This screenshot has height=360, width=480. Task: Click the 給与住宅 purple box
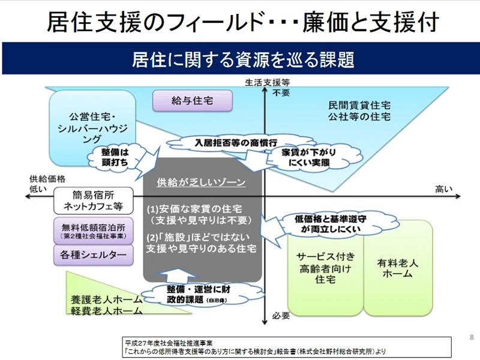coord(184,101)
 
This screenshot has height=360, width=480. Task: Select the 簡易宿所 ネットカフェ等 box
coord(92,200)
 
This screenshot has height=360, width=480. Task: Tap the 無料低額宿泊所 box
coord(92,231)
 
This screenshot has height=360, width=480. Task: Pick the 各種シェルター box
coord(92,255)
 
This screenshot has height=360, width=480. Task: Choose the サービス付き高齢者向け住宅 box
coord(325,268)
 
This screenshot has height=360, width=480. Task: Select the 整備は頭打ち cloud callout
coord(115,157)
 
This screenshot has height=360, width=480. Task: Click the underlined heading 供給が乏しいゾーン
coord(201,181)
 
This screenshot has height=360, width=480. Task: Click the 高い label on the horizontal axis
coord(443,190)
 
